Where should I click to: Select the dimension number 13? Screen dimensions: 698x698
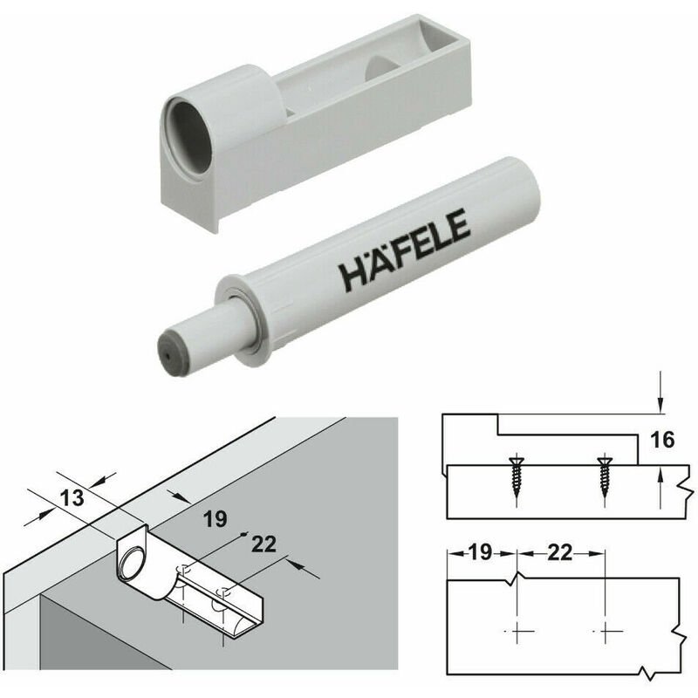pos(72,497)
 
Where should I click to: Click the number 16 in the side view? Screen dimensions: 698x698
pos(662,440)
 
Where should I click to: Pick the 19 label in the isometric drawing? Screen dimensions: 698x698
pos(215,519)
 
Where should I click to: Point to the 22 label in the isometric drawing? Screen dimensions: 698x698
pos(263,544)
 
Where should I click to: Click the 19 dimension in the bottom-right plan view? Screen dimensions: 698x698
pos(481,552)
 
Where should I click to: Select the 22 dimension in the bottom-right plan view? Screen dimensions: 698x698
pos(559,552)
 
